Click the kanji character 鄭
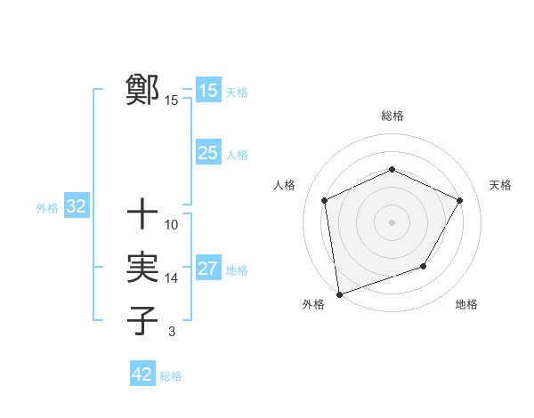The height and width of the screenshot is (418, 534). [142, 90]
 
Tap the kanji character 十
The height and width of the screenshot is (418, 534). [142, 214]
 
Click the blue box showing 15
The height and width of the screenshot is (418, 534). [208, 91]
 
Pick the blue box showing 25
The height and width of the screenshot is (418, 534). [208, 153]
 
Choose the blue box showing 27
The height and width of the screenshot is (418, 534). [208, 269]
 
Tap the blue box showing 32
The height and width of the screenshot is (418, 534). [77, 207]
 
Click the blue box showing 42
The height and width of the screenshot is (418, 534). [142, 374]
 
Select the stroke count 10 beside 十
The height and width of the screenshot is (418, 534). [172, 225]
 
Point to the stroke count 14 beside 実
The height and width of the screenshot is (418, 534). [172, 278]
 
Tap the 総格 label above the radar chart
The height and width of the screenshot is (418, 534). [392, 117]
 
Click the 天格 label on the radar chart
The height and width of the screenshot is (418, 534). [500, 185]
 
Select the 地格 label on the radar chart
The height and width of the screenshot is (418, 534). [466, 305]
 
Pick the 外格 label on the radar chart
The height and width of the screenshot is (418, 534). [313, 305]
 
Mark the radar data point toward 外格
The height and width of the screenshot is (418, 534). [339, 293]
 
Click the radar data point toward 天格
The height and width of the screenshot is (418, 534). [460, 200]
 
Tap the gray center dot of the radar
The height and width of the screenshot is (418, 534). [392, 221]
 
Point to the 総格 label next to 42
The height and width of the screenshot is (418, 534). [171, 375]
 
